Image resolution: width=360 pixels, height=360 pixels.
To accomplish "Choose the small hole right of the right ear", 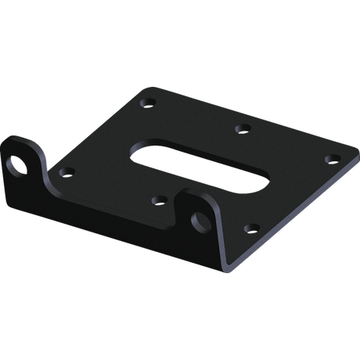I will [250, 229].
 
